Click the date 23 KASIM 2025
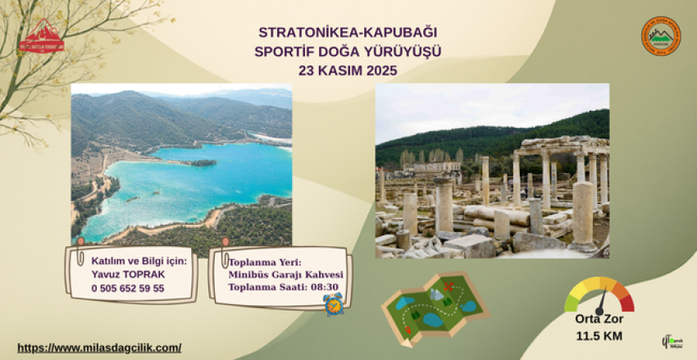[348, 71]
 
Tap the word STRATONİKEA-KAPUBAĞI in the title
[349, 33]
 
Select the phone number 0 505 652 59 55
[128, 288]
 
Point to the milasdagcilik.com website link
[99, 348]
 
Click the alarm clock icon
[333, 304]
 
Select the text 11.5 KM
[599, 336]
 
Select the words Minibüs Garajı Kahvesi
[285, 275]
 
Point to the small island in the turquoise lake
[203, 162]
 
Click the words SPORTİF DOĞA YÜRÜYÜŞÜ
[348, 52]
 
